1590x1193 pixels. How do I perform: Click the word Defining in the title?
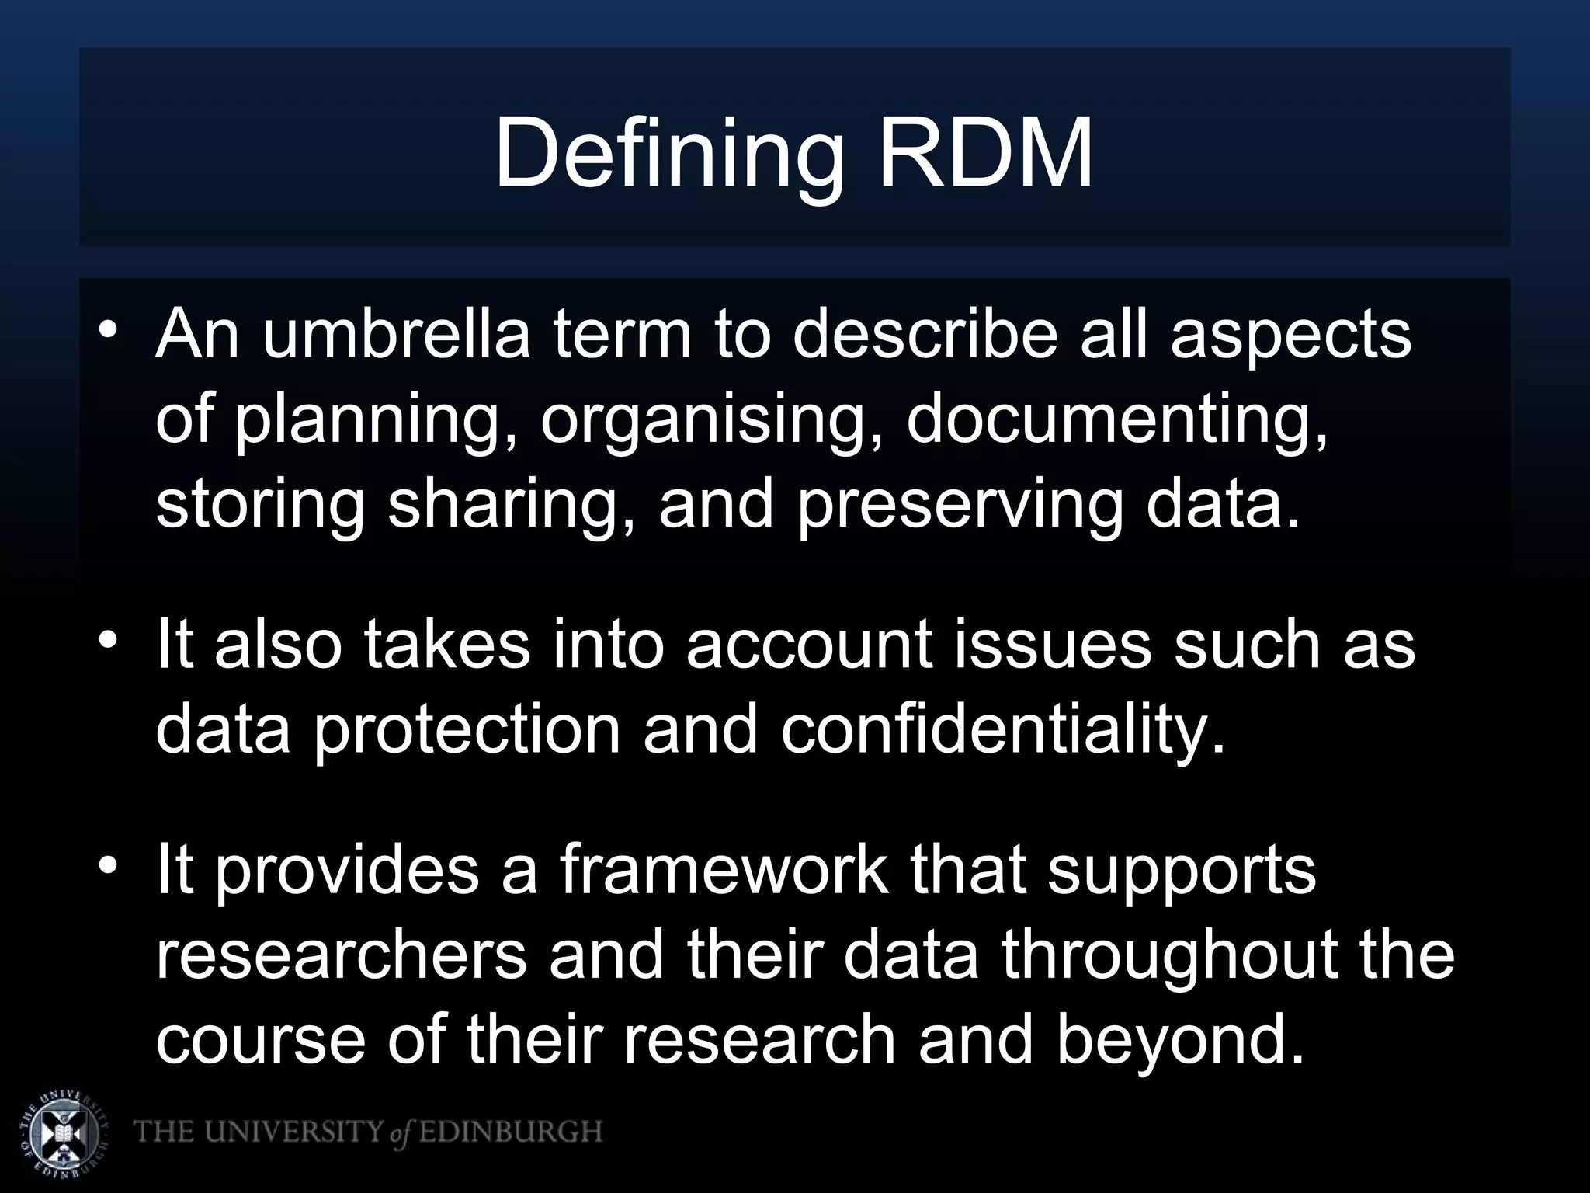(669, 154)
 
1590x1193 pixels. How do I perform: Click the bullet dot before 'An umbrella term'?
(109, 329)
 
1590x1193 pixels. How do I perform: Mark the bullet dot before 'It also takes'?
(109, 640)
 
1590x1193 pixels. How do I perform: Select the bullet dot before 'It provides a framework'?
(109, 865)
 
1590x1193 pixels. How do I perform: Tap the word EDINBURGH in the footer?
(511, 1132)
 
